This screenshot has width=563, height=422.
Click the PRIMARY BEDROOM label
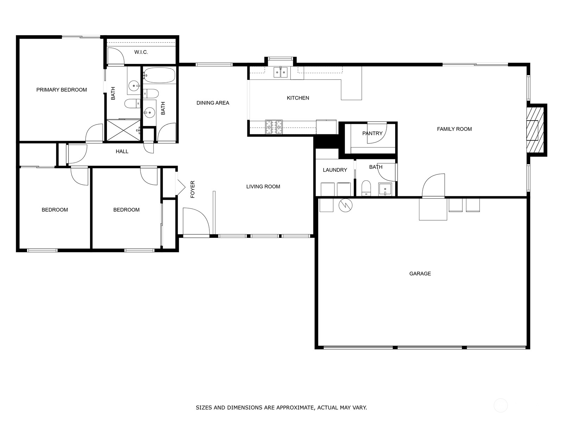pyautogui.click(x=62, y=90)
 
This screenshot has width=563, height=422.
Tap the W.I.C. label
pyautogui.click(x=141, y=52)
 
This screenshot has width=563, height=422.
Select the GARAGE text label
pyautogui.click(x=420, y=274)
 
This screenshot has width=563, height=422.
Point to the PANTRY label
pyautogui.click(x=372, y=133)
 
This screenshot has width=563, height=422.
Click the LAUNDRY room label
pyautogui.click(x=335, y=170)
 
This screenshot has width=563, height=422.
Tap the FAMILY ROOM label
pyautogui.click(x=454, y=129)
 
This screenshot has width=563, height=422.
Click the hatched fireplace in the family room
pyautogui.click(x=535, y=130)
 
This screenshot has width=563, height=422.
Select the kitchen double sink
pyautogui.click(x=281, y=73)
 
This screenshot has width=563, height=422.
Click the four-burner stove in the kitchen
pyautogui.click(x=274, y=127)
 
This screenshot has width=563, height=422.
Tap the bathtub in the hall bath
pyautogui.click(x=159, y=75)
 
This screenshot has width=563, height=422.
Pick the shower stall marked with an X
pyautogui.click(x=123, y=130)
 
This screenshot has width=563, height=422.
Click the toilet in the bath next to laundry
pyautogui.click(x=366, y=188)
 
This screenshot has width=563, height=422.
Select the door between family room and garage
pyautogui.click(x=434, y=186)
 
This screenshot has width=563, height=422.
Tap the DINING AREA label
pyautogui.click(x=213, y=103)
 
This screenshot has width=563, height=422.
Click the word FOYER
pyautogui.click(x=192, y=189)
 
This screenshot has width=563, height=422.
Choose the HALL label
pyautogui.click(x=122, y=152)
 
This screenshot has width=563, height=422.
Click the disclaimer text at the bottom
pyautogui.click(x=281, y=408)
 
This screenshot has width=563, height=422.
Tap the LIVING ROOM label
pyautogui.click(x=263, y=187)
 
